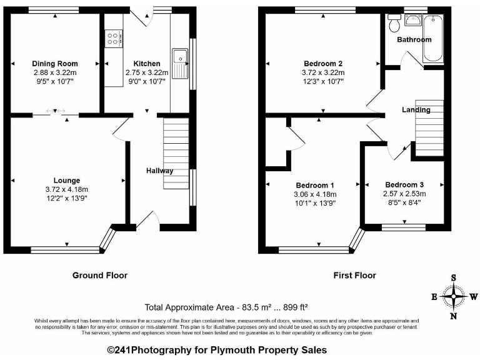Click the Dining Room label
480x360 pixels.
tap(56, 64)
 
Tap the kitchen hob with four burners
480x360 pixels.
tap(114, 39)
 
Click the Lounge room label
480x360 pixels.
tap(66, 181)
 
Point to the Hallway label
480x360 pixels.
tap(160, 171)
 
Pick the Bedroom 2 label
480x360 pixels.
tap(323, 64)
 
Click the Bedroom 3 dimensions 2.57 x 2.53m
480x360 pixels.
tap(404, 194)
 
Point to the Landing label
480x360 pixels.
tap(416, 110)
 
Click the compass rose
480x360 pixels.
tap(454, 297)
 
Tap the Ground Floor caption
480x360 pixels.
tap(100, 275)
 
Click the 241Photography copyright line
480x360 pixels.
tap(217, 351)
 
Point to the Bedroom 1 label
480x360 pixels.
tap(315, 186)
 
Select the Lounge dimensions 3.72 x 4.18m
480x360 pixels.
tap(67, 189)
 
